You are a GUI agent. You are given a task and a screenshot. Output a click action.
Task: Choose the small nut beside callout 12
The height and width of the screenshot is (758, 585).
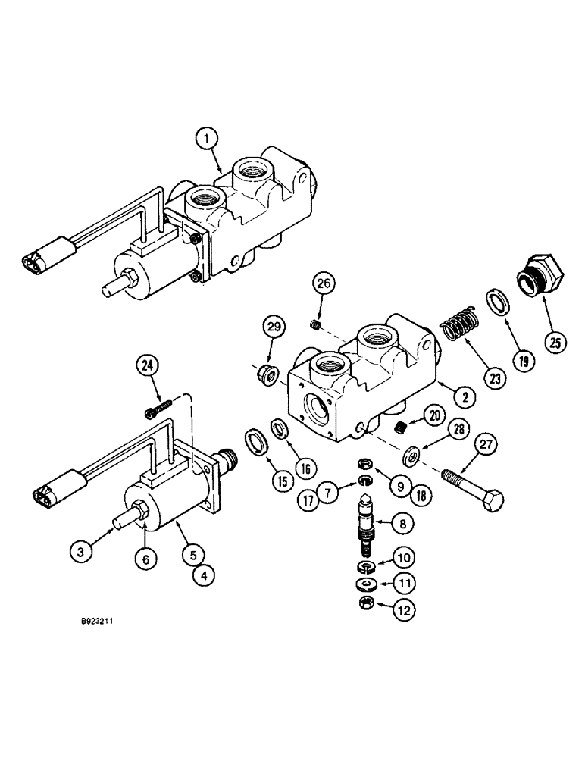[x=365, y=625]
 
